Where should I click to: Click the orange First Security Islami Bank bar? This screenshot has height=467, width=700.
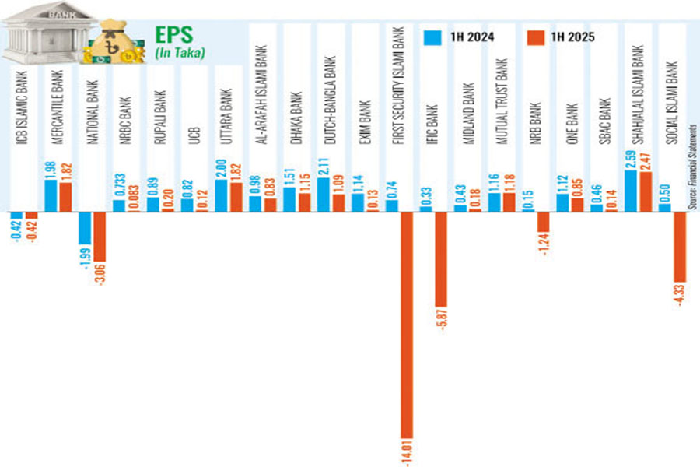click(406, 324)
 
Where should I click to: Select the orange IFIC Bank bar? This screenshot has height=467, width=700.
click(440, 258)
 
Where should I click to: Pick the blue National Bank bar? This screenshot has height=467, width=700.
click(85, 227)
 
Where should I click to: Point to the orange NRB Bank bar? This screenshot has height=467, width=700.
click(542, 222)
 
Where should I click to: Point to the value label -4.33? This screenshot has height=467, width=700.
click(680, 295)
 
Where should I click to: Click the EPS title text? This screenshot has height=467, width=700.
click(173, 35)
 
